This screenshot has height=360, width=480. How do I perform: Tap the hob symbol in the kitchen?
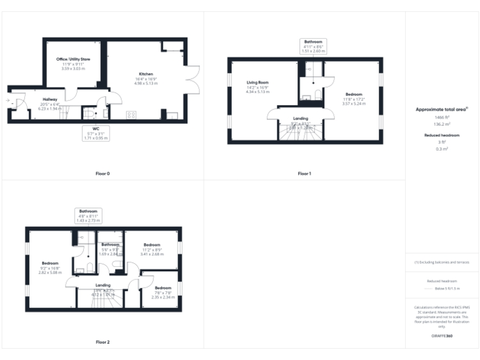[132, 114]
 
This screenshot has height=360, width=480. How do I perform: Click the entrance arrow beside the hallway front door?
[8, 100]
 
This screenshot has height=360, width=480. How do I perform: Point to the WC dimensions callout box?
[96, 133]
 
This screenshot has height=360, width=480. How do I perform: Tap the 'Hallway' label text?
[50, 99]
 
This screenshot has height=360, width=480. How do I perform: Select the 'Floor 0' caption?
[102, 173]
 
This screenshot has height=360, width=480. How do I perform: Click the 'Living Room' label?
[257, 82]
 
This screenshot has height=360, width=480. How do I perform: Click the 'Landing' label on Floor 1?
[301, 117]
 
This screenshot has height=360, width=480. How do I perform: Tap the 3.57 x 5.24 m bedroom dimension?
[354, 103]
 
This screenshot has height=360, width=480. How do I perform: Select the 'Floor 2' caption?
[102, 342]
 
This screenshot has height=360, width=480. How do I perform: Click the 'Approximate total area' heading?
[441, 109]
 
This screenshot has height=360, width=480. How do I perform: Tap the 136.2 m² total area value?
[442, 124]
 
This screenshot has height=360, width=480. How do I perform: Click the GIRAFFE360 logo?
[441, 336]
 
